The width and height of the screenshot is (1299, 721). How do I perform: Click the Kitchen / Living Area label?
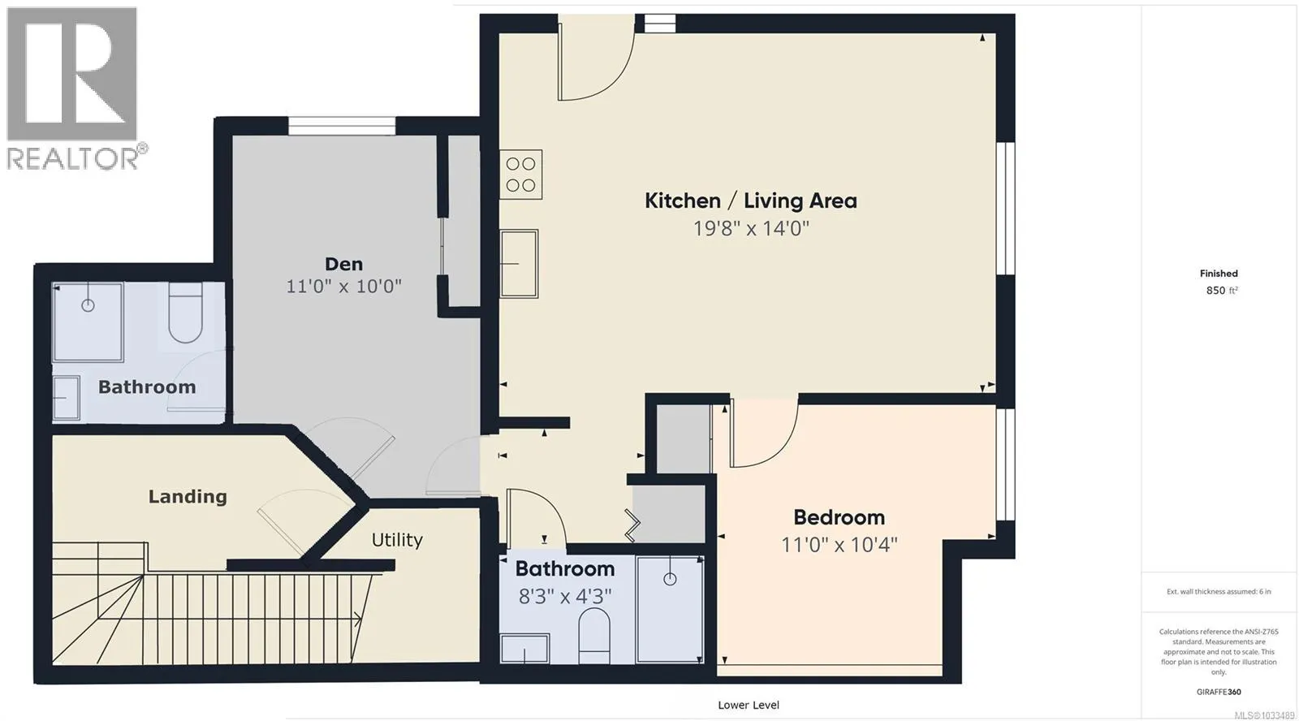pos(751,201)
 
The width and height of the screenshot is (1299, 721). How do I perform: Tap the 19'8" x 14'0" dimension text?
pos(751,228)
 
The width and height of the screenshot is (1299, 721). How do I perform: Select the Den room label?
pos(344,264)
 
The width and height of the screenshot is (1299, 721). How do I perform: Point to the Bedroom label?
pos(839,517)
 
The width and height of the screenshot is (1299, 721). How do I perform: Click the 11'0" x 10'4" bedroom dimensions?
pos(839,545)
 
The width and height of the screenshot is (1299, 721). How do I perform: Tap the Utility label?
pos(397,540)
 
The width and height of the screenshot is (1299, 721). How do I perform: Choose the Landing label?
pos(188,497)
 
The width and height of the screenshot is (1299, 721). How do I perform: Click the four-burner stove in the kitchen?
pos(520,175)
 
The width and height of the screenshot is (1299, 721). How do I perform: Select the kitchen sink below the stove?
pos(519,263)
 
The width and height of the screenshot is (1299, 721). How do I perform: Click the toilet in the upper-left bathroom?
pos(186,313)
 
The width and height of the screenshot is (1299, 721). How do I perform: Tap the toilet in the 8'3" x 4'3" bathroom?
pos(594,636)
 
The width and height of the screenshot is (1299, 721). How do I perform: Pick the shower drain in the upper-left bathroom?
pos(88,305)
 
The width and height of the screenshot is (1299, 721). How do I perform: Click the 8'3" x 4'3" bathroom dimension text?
pos(565,596)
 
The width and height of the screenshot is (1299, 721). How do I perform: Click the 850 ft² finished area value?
pos(1222,290)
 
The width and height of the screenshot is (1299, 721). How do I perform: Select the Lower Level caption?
pos(749,705)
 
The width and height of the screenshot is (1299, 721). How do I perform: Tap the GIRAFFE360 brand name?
pos(1219,692)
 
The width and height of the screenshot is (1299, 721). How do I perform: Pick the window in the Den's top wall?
pos(342,126)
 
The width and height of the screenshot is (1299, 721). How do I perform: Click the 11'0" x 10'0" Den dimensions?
pos(344,287)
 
